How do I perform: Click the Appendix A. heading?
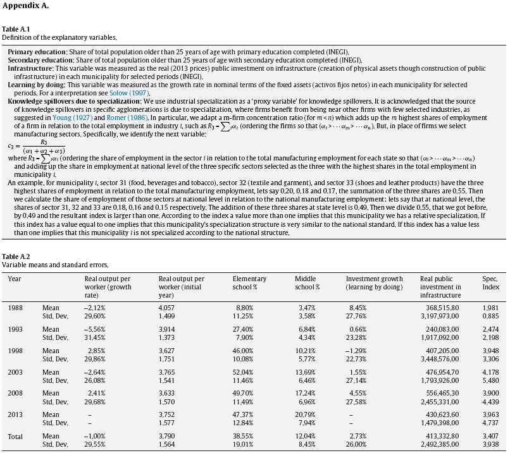click(x=26, y=6)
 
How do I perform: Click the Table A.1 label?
click(x=16, y=30)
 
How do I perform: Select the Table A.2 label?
click(x=16, y=257)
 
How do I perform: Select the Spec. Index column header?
click(x=490, y=282)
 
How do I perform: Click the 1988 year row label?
click(x=16, y=308)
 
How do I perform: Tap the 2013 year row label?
click(x=16, y=415)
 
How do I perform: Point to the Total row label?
click(x=16, y=437)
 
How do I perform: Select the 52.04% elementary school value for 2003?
click(x=246, y=372)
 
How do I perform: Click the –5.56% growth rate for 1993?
click(x=96, y=329)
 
